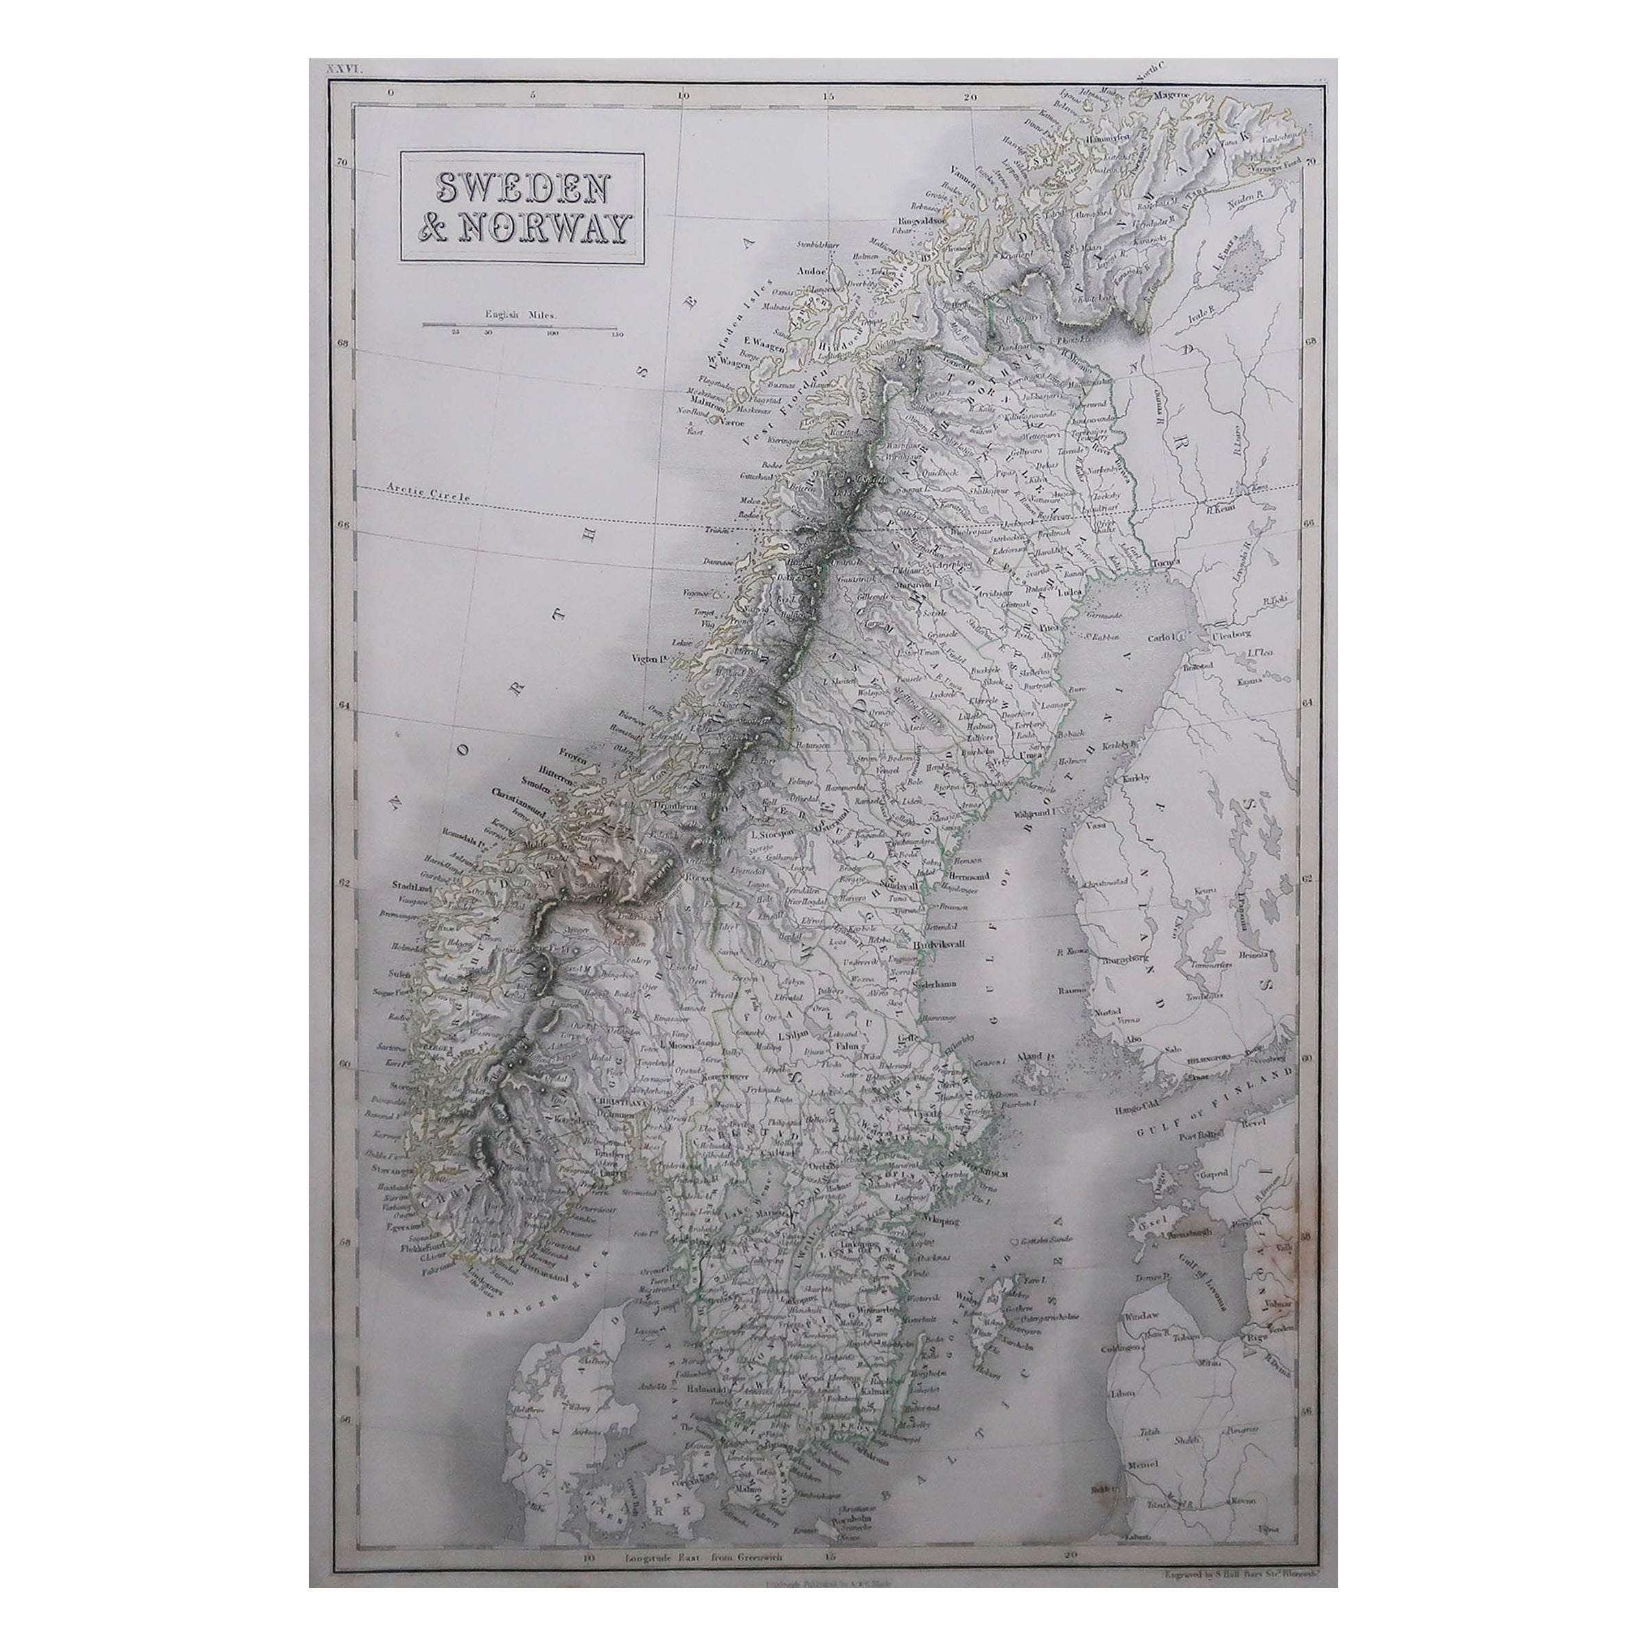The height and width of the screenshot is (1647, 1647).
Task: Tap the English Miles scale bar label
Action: pos(519,314)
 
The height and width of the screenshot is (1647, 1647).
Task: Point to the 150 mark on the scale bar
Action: pos(616,335)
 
